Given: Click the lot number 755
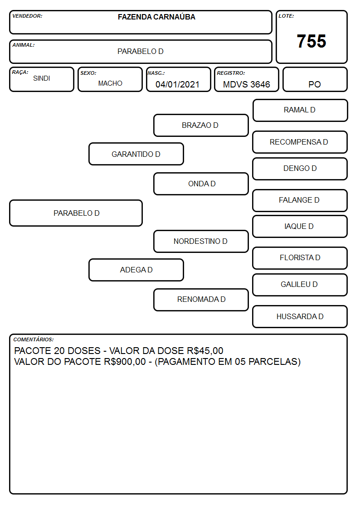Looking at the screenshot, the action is pyautogui.click(x=311, y=41).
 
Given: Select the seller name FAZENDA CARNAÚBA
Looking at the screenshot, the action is pyautogui.click(x=156, y=17).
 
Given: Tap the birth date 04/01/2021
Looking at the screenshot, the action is pyautogui.click(x=177, y=84).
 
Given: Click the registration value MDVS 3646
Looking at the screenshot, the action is pyautogui.click(x=246, y=84).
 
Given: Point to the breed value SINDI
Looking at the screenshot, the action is pyautogui.click(x=42, y=78).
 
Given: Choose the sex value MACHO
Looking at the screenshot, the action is pyautogui.click(x=110, y=83).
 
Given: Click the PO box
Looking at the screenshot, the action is pyautogui.click(x=315, y=79).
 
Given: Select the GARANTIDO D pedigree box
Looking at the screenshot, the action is pyautogui.click(x=136, y=154).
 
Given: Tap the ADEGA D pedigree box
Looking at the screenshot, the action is pyautogui.click(x=136, y=270).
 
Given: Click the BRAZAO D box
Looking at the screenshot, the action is pyautogui.click(x=201, y=125).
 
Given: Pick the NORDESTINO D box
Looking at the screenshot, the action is pyautogui.click(x=201, y=241).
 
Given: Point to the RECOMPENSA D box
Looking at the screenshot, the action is pyautogui.click(x=300, y=142).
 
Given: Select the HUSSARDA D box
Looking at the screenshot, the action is pyautogui.click(x=300, y=316).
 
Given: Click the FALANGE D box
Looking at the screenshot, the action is pyautogui.click(x=300, y=200).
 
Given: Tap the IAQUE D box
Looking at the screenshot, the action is pyautogui.click(x=300, y=226).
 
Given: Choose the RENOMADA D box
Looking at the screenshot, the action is pyautogui.click(x=201, y=300).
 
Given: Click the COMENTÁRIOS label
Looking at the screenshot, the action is pyautogui.click(x=34, y=339).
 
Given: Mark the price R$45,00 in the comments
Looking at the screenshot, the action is pyautogui.click(x=205, y=351).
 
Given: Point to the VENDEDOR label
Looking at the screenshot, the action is pyautogui.click(x=27, y=16).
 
